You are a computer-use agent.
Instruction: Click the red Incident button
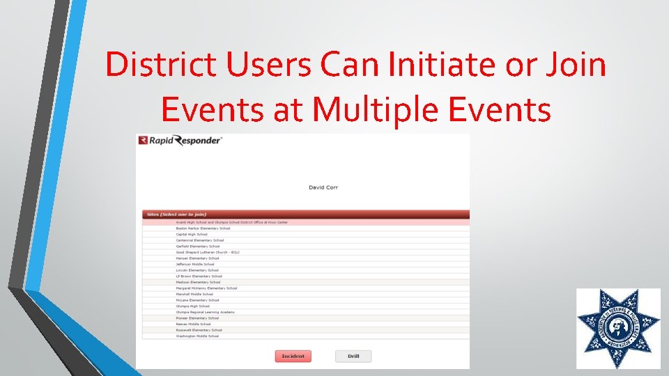(x=293, y=356)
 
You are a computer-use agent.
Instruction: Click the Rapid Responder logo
(x=180, y=140)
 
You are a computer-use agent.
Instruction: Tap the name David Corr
(x=323, y=187)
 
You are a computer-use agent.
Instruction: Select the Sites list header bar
(x=305, y=214)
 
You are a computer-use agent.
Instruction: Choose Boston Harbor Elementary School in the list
(x=203, y=228)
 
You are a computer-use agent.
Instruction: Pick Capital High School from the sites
(x=192, y=235)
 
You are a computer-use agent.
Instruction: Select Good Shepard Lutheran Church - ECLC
(x=208, y=252)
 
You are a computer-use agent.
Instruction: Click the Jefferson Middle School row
(x=195, y=265)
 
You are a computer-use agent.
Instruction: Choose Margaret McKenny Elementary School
(x=206, y=288)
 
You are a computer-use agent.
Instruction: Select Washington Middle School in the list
(x=197, y=336)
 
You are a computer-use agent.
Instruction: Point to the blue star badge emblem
(x=618, y=328)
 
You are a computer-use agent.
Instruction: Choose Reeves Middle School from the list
(x=193, y=324)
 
